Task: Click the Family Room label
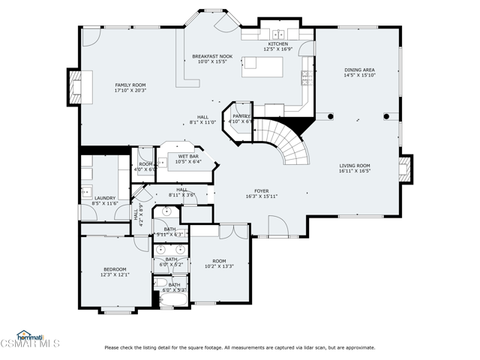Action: click(130, 85)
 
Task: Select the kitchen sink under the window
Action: click(278, 34)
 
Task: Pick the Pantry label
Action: click(241, 116)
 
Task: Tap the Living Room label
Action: click(355, 165)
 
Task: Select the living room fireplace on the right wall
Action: click(405, 166)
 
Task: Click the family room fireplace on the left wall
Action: click(76, 87)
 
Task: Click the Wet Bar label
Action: click(188, 156)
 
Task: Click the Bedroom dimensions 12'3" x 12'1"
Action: click(115, 274)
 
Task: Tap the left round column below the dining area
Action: click(329, 116)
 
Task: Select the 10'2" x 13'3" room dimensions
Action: click(220, 265)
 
